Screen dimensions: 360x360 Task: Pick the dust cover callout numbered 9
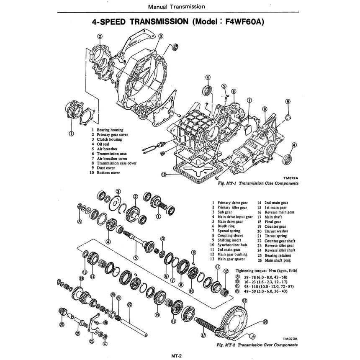[x=288, y=101]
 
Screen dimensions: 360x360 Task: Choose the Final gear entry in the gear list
[x=273, y=222]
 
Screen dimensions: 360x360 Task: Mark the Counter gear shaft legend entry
[x=280, y=241]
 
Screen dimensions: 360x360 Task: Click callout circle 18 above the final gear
[x=244, y=301]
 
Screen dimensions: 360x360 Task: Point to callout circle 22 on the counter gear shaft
[x=129, y=305]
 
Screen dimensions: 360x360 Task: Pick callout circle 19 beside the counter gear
[x=81, y=278]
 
